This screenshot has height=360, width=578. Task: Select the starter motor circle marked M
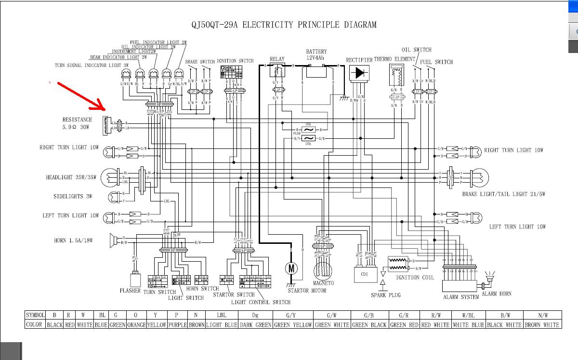291,268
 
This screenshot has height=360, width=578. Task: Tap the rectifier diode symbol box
359,73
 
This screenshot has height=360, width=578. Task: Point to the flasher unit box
135,280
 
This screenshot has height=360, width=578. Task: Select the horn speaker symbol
114,240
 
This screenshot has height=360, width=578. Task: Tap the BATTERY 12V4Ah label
316,54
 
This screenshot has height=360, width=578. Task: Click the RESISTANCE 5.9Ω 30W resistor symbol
106,126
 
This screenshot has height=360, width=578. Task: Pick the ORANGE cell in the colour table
136,324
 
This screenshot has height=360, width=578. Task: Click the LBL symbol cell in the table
221,315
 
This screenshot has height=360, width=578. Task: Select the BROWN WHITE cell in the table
542,324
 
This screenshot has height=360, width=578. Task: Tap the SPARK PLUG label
385,295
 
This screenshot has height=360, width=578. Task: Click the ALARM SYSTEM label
461,297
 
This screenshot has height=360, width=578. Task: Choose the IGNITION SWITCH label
235,61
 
